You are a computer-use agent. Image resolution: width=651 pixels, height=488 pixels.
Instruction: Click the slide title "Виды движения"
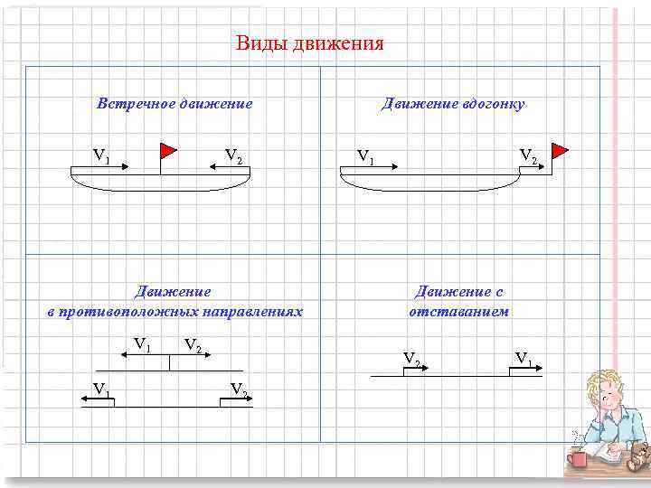[x=309, y=43]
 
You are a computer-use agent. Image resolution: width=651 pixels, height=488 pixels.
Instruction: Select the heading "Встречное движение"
[x=175, y=104]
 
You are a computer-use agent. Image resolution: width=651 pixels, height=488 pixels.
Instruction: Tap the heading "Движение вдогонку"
[x=453, y=104]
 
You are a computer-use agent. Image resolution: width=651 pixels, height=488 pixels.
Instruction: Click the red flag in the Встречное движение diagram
[x=168, y=150]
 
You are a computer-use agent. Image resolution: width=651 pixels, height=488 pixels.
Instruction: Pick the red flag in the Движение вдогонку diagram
[x=560, y=149]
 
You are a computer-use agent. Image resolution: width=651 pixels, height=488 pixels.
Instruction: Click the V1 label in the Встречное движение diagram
[x=101, y=155]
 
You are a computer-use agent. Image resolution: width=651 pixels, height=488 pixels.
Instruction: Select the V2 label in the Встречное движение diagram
[x=233, y=155]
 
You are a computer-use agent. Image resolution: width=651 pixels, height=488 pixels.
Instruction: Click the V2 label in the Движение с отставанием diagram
[x=411, y=360]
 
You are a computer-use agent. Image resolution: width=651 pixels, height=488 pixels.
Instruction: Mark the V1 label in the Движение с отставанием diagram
[x=524, y=357]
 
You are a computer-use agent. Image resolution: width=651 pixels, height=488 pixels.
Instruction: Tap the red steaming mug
[x=575, y=459]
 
